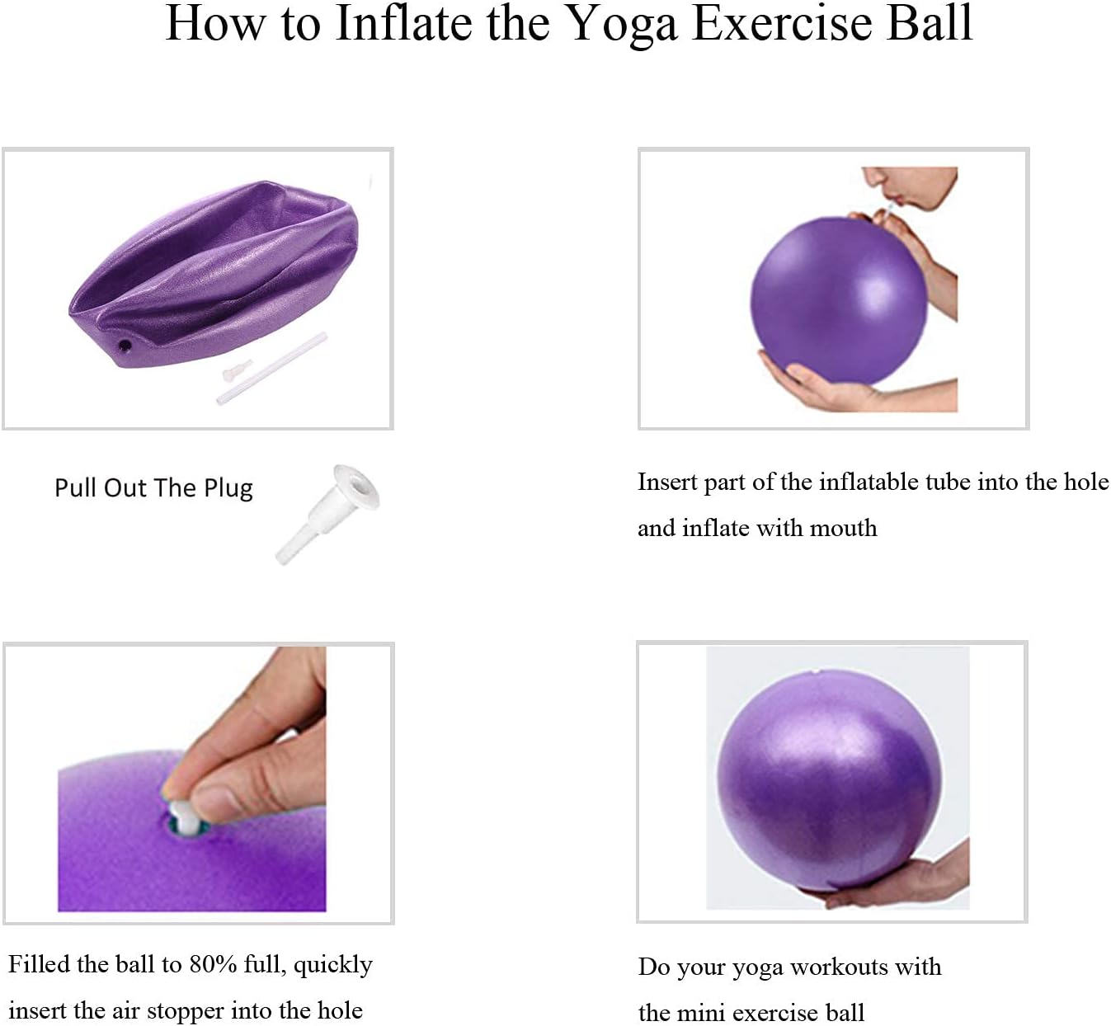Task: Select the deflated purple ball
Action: click(214, 272)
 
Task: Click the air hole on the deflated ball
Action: click(125, 344)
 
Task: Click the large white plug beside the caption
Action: click(329, 512)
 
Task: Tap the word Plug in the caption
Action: click(228, 488)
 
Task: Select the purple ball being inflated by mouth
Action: click(833, 301)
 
